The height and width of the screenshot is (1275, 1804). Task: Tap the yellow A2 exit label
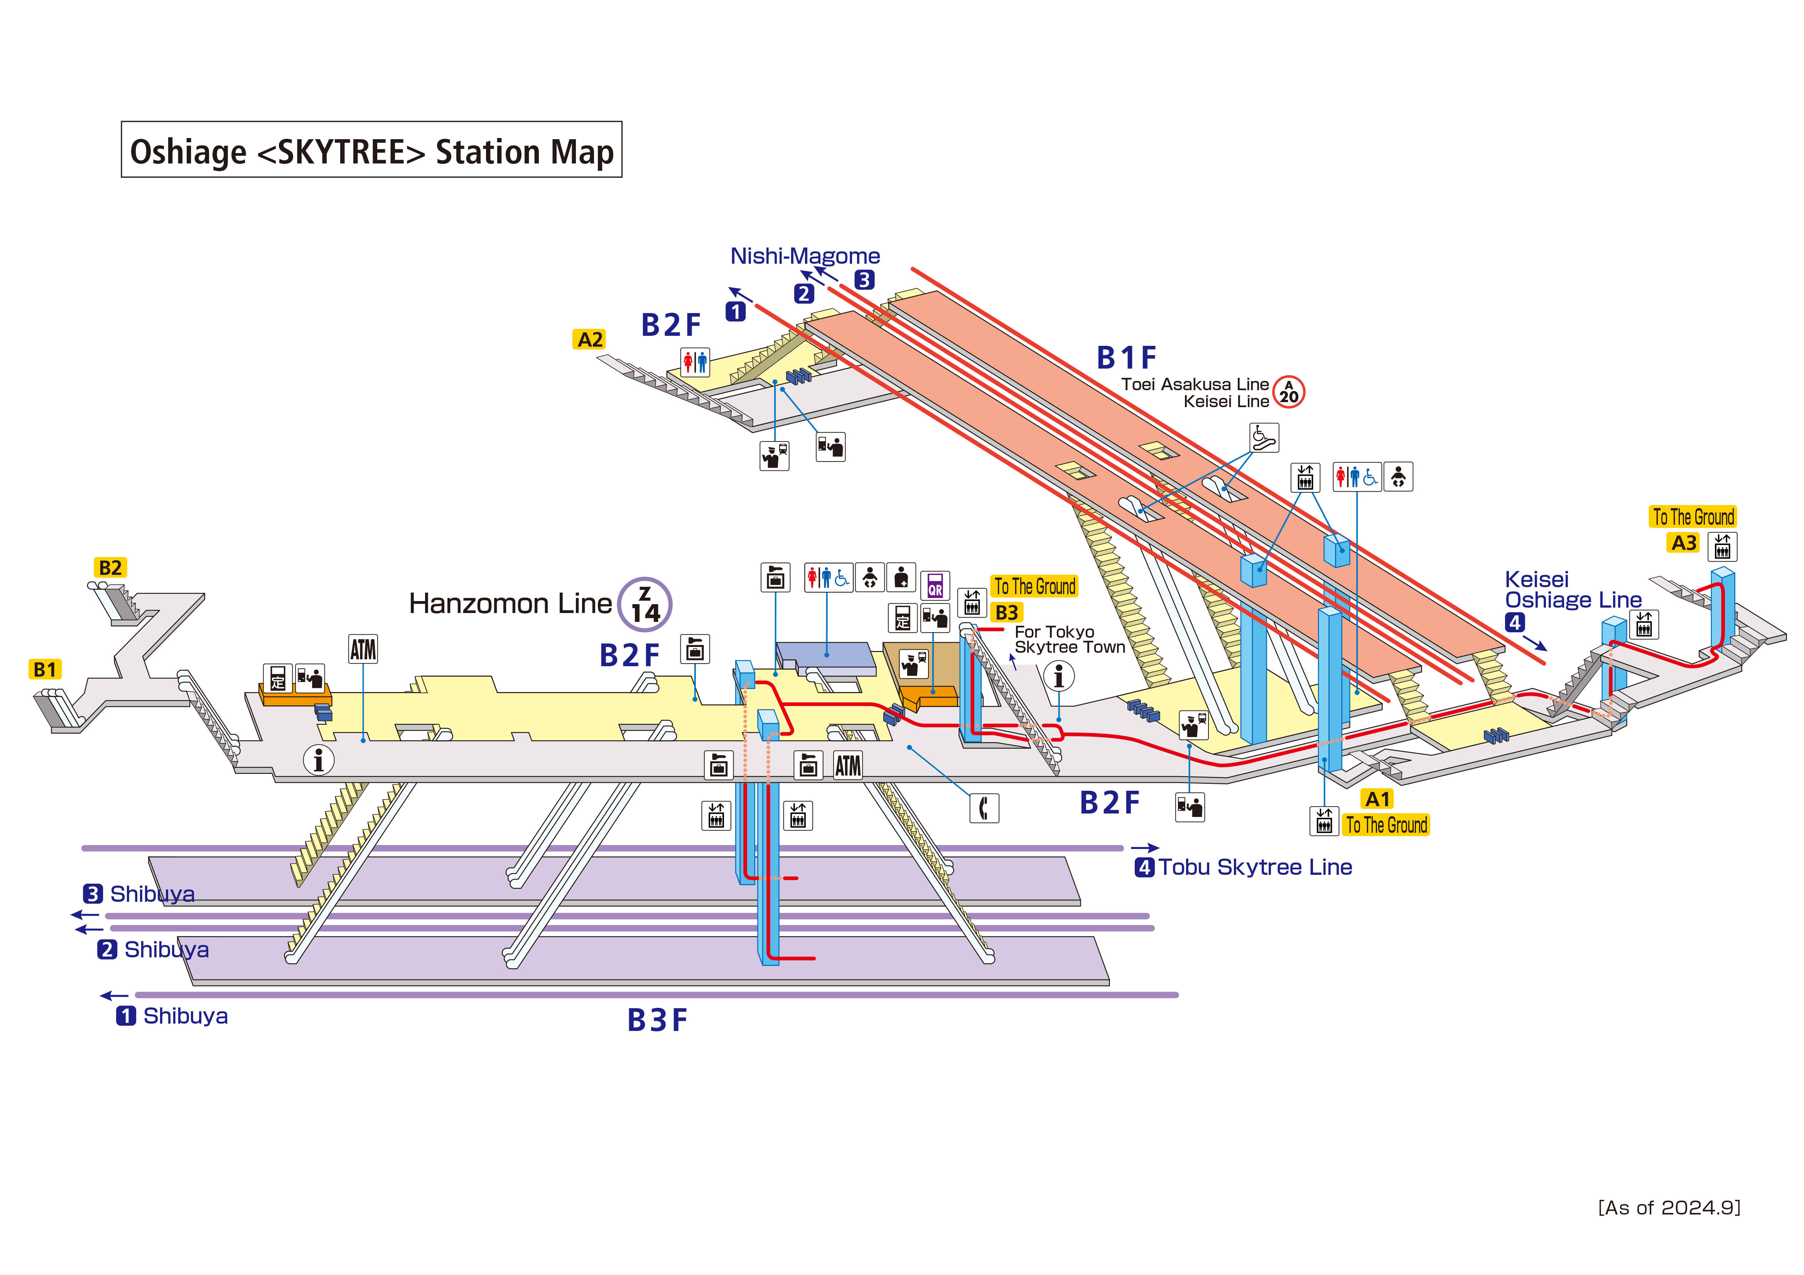[590, 339]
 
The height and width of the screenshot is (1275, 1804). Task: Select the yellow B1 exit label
[45, 669]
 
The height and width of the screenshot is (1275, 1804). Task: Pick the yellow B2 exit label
[110, 567]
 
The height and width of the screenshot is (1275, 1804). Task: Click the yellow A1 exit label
[1377, 799]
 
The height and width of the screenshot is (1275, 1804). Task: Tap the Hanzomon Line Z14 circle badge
[645, 604]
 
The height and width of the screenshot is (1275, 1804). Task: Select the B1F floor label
[1126, 358]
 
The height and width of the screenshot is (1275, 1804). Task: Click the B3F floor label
[657, 1021]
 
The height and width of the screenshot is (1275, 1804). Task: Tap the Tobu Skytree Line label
[1255, 867]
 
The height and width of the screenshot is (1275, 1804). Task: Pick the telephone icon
[984, 808]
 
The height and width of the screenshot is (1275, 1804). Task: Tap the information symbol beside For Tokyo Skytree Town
[1058, 675]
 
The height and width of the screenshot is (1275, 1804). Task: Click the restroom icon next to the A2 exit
[695, 362]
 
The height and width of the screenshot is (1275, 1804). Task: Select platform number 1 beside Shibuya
[126, 1016]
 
